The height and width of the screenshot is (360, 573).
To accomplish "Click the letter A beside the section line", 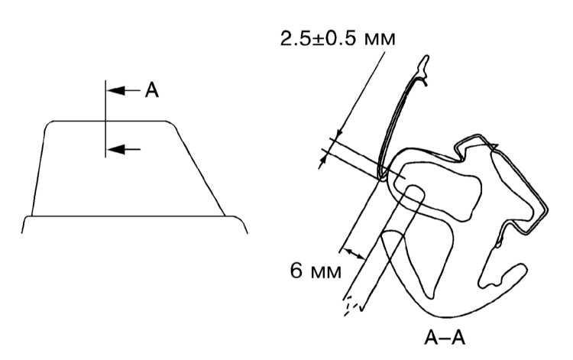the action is point(152,90).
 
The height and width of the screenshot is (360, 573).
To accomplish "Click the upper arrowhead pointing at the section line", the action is point(115,90).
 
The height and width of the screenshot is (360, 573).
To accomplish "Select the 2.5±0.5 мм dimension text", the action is point(338,38).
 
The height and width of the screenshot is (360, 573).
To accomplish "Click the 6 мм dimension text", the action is point(316,271).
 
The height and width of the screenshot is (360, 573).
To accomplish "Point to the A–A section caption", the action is point(445,338).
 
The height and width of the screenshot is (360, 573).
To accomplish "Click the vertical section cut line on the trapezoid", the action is point(105,118).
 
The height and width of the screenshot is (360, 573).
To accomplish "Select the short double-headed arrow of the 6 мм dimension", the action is point(355,254).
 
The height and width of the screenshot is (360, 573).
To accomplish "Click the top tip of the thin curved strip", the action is point(426,58).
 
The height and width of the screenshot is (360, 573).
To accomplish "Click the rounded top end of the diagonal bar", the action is point(415,190).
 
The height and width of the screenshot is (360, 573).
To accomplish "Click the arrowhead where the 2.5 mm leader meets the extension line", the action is point(339,135).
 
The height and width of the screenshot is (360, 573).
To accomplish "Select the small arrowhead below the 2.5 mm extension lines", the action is point(322,163).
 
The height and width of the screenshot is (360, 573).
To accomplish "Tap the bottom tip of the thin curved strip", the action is point(381,178).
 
